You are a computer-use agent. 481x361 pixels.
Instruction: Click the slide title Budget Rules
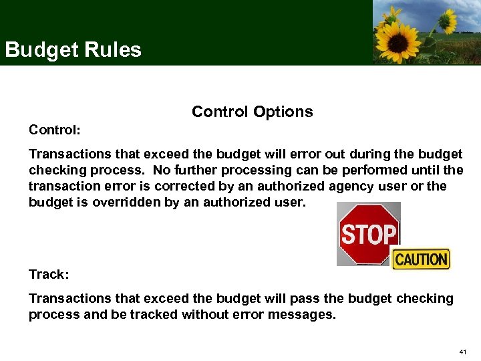73,50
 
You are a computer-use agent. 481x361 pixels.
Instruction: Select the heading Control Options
252,112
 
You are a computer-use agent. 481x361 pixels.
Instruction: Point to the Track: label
49,274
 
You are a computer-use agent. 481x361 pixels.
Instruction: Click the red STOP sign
368,234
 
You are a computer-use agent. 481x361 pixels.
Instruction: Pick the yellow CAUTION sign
421,259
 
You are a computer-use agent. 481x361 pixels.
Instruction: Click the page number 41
464,352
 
